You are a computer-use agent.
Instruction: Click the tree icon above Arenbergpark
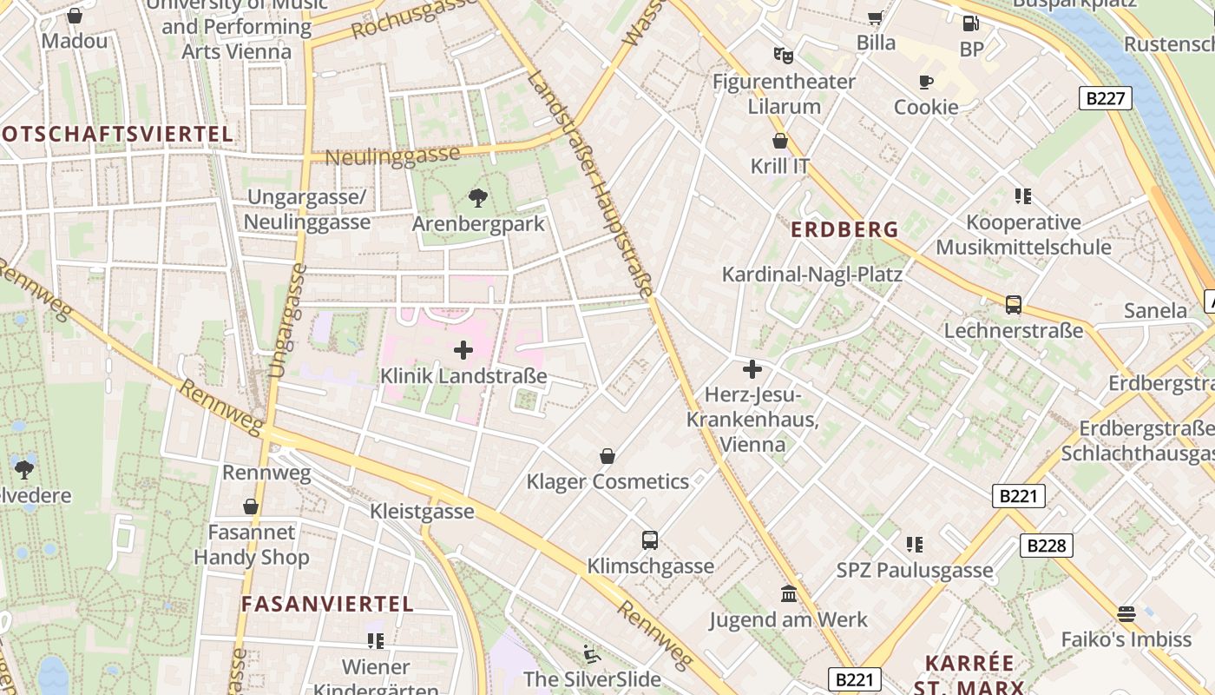click(x=477, y=198)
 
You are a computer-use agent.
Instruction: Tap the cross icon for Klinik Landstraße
click(x=463, y=350)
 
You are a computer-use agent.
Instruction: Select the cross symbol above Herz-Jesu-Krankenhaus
click(x=752, y=369)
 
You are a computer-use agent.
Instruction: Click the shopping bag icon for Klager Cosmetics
click(x=607, y=456)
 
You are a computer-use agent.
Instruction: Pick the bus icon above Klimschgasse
click(x=650, y=540)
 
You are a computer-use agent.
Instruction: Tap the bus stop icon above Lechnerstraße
click(x=1014, y=305)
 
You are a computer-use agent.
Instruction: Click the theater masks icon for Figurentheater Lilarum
click(x=784, y=56)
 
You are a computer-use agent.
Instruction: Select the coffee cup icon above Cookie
click(x=926, y=82)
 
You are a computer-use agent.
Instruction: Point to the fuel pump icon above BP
click(x=971, y=23)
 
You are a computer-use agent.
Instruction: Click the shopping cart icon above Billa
click(x=876, y=17)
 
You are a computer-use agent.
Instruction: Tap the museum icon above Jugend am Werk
click(x=789, y=594)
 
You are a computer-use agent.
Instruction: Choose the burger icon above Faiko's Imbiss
click(x=1126, y=614)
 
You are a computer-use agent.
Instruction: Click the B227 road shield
click(x=1106, y=98)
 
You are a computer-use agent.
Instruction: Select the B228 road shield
click(x=1046, y=546)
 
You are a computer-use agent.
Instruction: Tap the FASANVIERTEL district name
click(x=327, y=604)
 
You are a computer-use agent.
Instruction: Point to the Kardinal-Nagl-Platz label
click(x=812, y=275)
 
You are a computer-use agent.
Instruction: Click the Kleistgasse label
click(x=422, y=511)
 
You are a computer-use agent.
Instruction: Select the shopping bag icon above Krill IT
click(x=780, y=141)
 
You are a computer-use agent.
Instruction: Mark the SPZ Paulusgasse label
click(x=914, y=570)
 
